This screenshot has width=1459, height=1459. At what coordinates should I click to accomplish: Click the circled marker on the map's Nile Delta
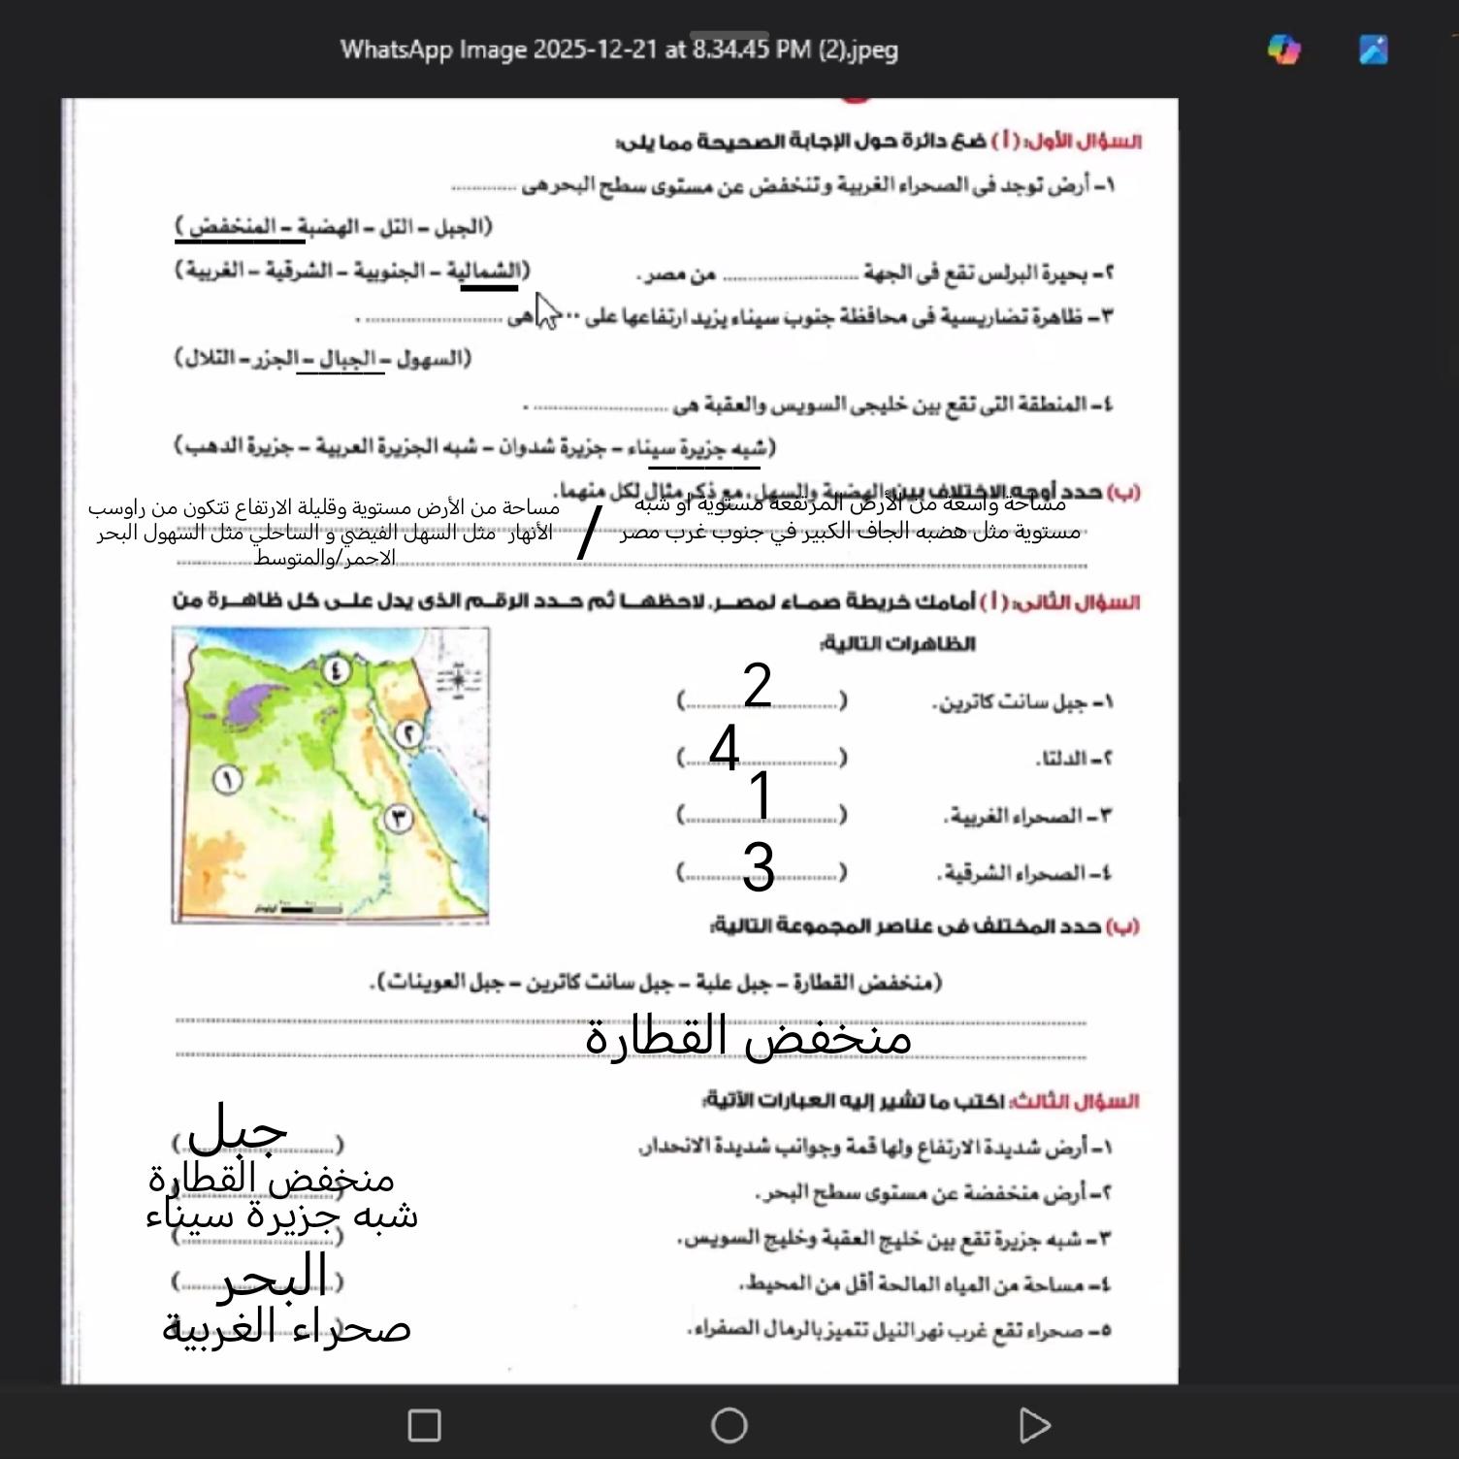tap(336, 669)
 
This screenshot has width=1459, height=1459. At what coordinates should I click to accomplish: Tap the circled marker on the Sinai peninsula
tap(409, 734)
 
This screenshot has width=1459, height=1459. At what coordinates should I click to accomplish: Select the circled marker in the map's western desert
tap(227, 779)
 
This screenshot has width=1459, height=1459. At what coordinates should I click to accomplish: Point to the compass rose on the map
tap(458, 679)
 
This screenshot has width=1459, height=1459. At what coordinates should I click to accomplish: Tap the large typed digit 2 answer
tap(758, 685)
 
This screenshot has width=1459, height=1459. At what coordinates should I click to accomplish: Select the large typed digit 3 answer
tap(759, 866)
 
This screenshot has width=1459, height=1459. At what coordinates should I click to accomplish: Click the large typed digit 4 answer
tap(725, 748)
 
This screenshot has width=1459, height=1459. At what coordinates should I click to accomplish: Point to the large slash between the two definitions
tap(589, 533)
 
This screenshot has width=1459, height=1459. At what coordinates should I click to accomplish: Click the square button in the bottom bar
tap(424, 1425)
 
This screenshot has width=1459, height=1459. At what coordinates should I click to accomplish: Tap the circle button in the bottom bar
tap(729, 1425)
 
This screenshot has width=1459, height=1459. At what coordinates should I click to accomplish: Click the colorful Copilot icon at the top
tap(1284, 49)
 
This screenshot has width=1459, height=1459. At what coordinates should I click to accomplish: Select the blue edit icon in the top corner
tap(1374, 49)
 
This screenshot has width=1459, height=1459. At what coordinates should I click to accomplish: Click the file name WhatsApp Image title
tap(619, 49)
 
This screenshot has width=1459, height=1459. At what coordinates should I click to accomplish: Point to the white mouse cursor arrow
tap(547, 310)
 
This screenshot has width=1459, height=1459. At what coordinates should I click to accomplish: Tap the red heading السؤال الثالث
tap(1100, 1102)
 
